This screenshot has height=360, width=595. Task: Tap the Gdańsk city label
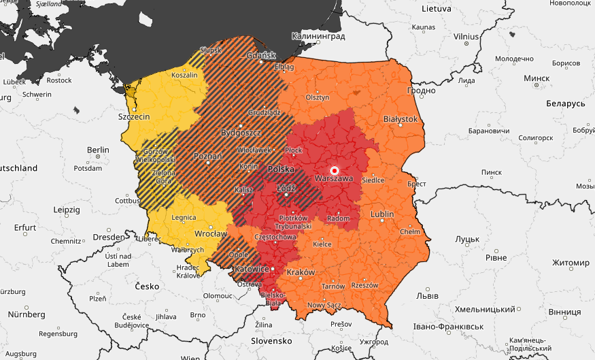pyautogui.click(x=261, y=55)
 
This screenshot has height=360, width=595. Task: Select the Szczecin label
pyautogui.click(x=134, y=117)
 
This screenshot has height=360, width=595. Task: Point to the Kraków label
pyautogui.click(x=301, y=272)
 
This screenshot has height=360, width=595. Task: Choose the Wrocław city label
pyautogui.click(x=209, y=234)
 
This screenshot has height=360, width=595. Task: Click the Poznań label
pyautogui.click(x=208, y=157)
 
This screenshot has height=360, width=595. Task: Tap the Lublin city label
pyautogui.click(x=381, y=214)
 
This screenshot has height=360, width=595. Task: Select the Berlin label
pyautogui.click(x=98, y=150)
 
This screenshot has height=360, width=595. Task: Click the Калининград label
pyautogui.click(x=318, y=36)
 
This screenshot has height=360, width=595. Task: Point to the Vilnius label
pyautogui.click(x=466, y=36)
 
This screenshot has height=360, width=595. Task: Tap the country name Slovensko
pyautogui.click(x=271, y=340)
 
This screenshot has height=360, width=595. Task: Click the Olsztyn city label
pyautogui.click(x=318, y=97)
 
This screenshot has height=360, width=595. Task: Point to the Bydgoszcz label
pyautogui.click(x=240, y=130)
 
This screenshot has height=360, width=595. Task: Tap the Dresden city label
pyautogui.click(x=109, y=238)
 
